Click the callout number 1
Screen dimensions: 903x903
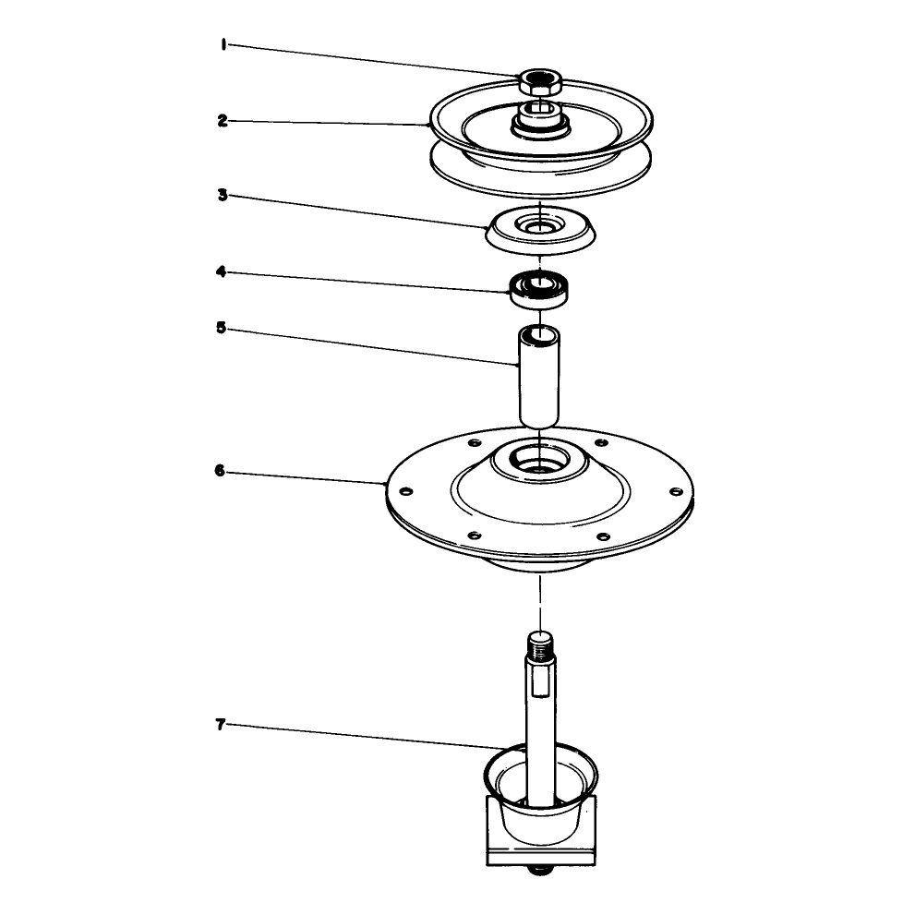pos(223,44)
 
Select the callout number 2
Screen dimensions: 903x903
pos(223,121)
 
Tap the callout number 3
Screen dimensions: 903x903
pos(223,195)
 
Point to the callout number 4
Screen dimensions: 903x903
pos(222,271)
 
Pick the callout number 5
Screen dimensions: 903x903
pos(222,328)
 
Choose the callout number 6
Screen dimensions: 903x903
pos(220,471)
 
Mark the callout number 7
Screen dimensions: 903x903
pos(220,725)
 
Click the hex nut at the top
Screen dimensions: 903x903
pos(540,82)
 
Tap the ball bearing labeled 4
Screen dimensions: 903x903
pos(540,290)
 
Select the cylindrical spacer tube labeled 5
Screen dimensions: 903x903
pos(539,378)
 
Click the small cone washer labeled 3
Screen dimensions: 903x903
pos(540,229)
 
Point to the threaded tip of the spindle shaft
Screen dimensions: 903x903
pos(540,646)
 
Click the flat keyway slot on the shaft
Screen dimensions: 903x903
pos(541,683)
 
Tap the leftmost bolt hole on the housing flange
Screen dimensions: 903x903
pos(406,491)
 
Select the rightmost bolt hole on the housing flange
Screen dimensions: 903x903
pos(675,491)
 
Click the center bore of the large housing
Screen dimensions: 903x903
pos(540,462)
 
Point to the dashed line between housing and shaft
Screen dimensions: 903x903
pos(540,601)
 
